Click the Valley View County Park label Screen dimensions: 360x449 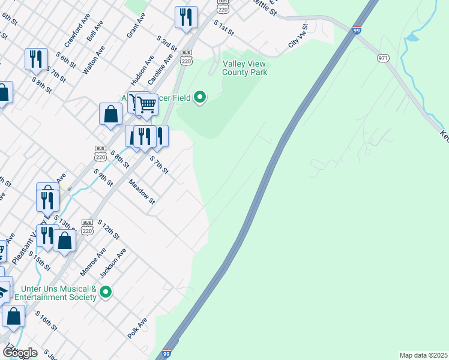244,68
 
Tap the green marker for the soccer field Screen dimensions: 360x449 200,97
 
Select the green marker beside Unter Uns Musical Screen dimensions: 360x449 106,292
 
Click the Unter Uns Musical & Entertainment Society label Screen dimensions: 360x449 55,293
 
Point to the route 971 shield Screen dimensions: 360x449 383,58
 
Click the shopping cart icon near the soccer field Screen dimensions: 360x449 146,105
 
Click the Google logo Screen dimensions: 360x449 19,353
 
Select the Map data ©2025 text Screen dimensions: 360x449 423,355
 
